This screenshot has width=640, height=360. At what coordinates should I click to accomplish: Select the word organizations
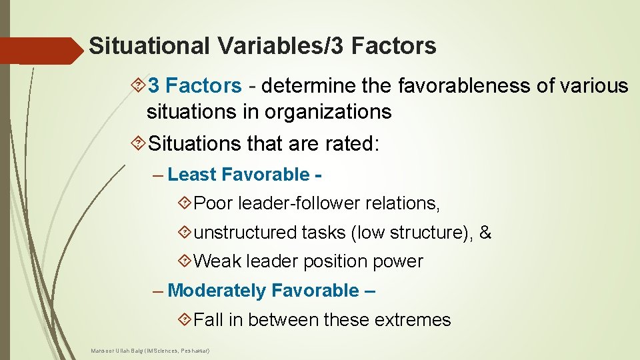pyautogui.click(x=328, y=111)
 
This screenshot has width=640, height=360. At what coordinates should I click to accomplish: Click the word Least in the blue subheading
pyautogui.click(x=192, y=175)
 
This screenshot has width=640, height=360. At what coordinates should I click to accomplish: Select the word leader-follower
pyautogui.click(x=303, y=203)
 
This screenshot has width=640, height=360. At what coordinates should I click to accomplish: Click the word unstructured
pyautogui.click(x=245, y=233)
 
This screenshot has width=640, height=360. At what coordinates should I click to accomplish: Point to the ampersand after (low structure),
pyautogui.click(x=485, y=233)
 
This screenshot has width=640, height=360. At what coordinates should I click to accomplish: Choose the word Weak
pyautogui.click(x=217, y=261)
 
